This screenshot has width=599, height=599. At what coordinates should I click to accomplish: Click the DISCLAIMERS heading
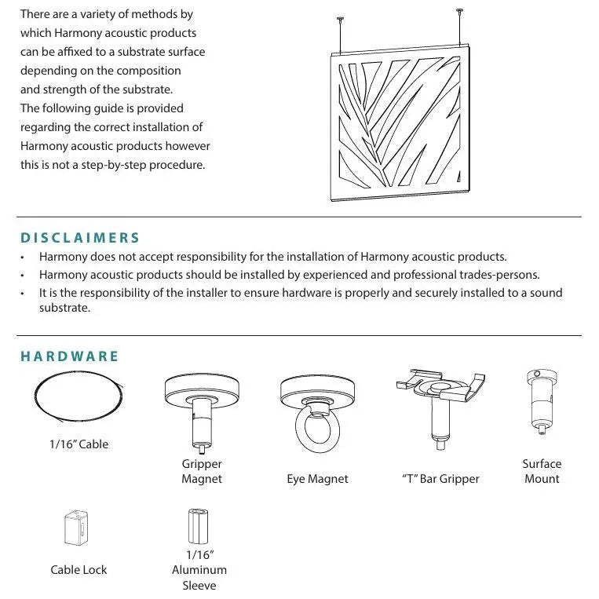80,237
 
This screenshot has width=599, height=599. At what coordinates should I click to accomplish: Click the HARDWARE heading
70,356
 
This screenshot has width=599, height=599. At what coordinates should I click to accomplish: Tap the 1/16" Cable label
79,444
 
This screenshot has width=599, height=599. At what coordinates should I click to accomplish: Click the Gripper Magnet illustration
202,408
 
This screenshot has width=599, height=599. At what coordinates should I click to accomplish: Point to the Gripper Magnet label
202,471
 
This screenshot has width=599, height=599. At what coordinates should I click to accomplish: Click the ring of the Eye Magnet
317,428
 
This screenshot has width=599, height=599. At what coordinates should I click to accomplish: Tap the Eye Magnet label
317,479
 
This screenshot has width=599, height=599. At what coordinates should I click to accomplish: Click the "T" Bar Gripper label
440,479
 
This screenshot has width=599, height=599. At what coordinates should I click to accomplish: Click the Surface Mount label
542,471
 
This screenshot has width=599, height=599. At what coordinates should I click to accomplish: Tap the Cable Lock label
79,570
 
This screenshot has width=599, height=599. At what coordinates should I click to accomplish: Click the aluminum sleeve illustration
196,527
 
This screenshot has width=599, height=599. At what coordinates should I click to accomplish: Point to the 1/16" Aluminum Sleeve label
199,570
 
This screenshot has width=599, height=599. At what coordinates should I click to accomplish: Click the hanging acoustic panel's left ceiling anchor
340,20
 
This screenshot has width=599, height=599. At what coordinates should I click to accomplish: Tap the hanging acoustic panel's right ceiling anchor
458,11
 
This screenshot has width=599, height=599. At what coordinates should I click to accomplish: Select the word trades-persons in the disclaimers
499,275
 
